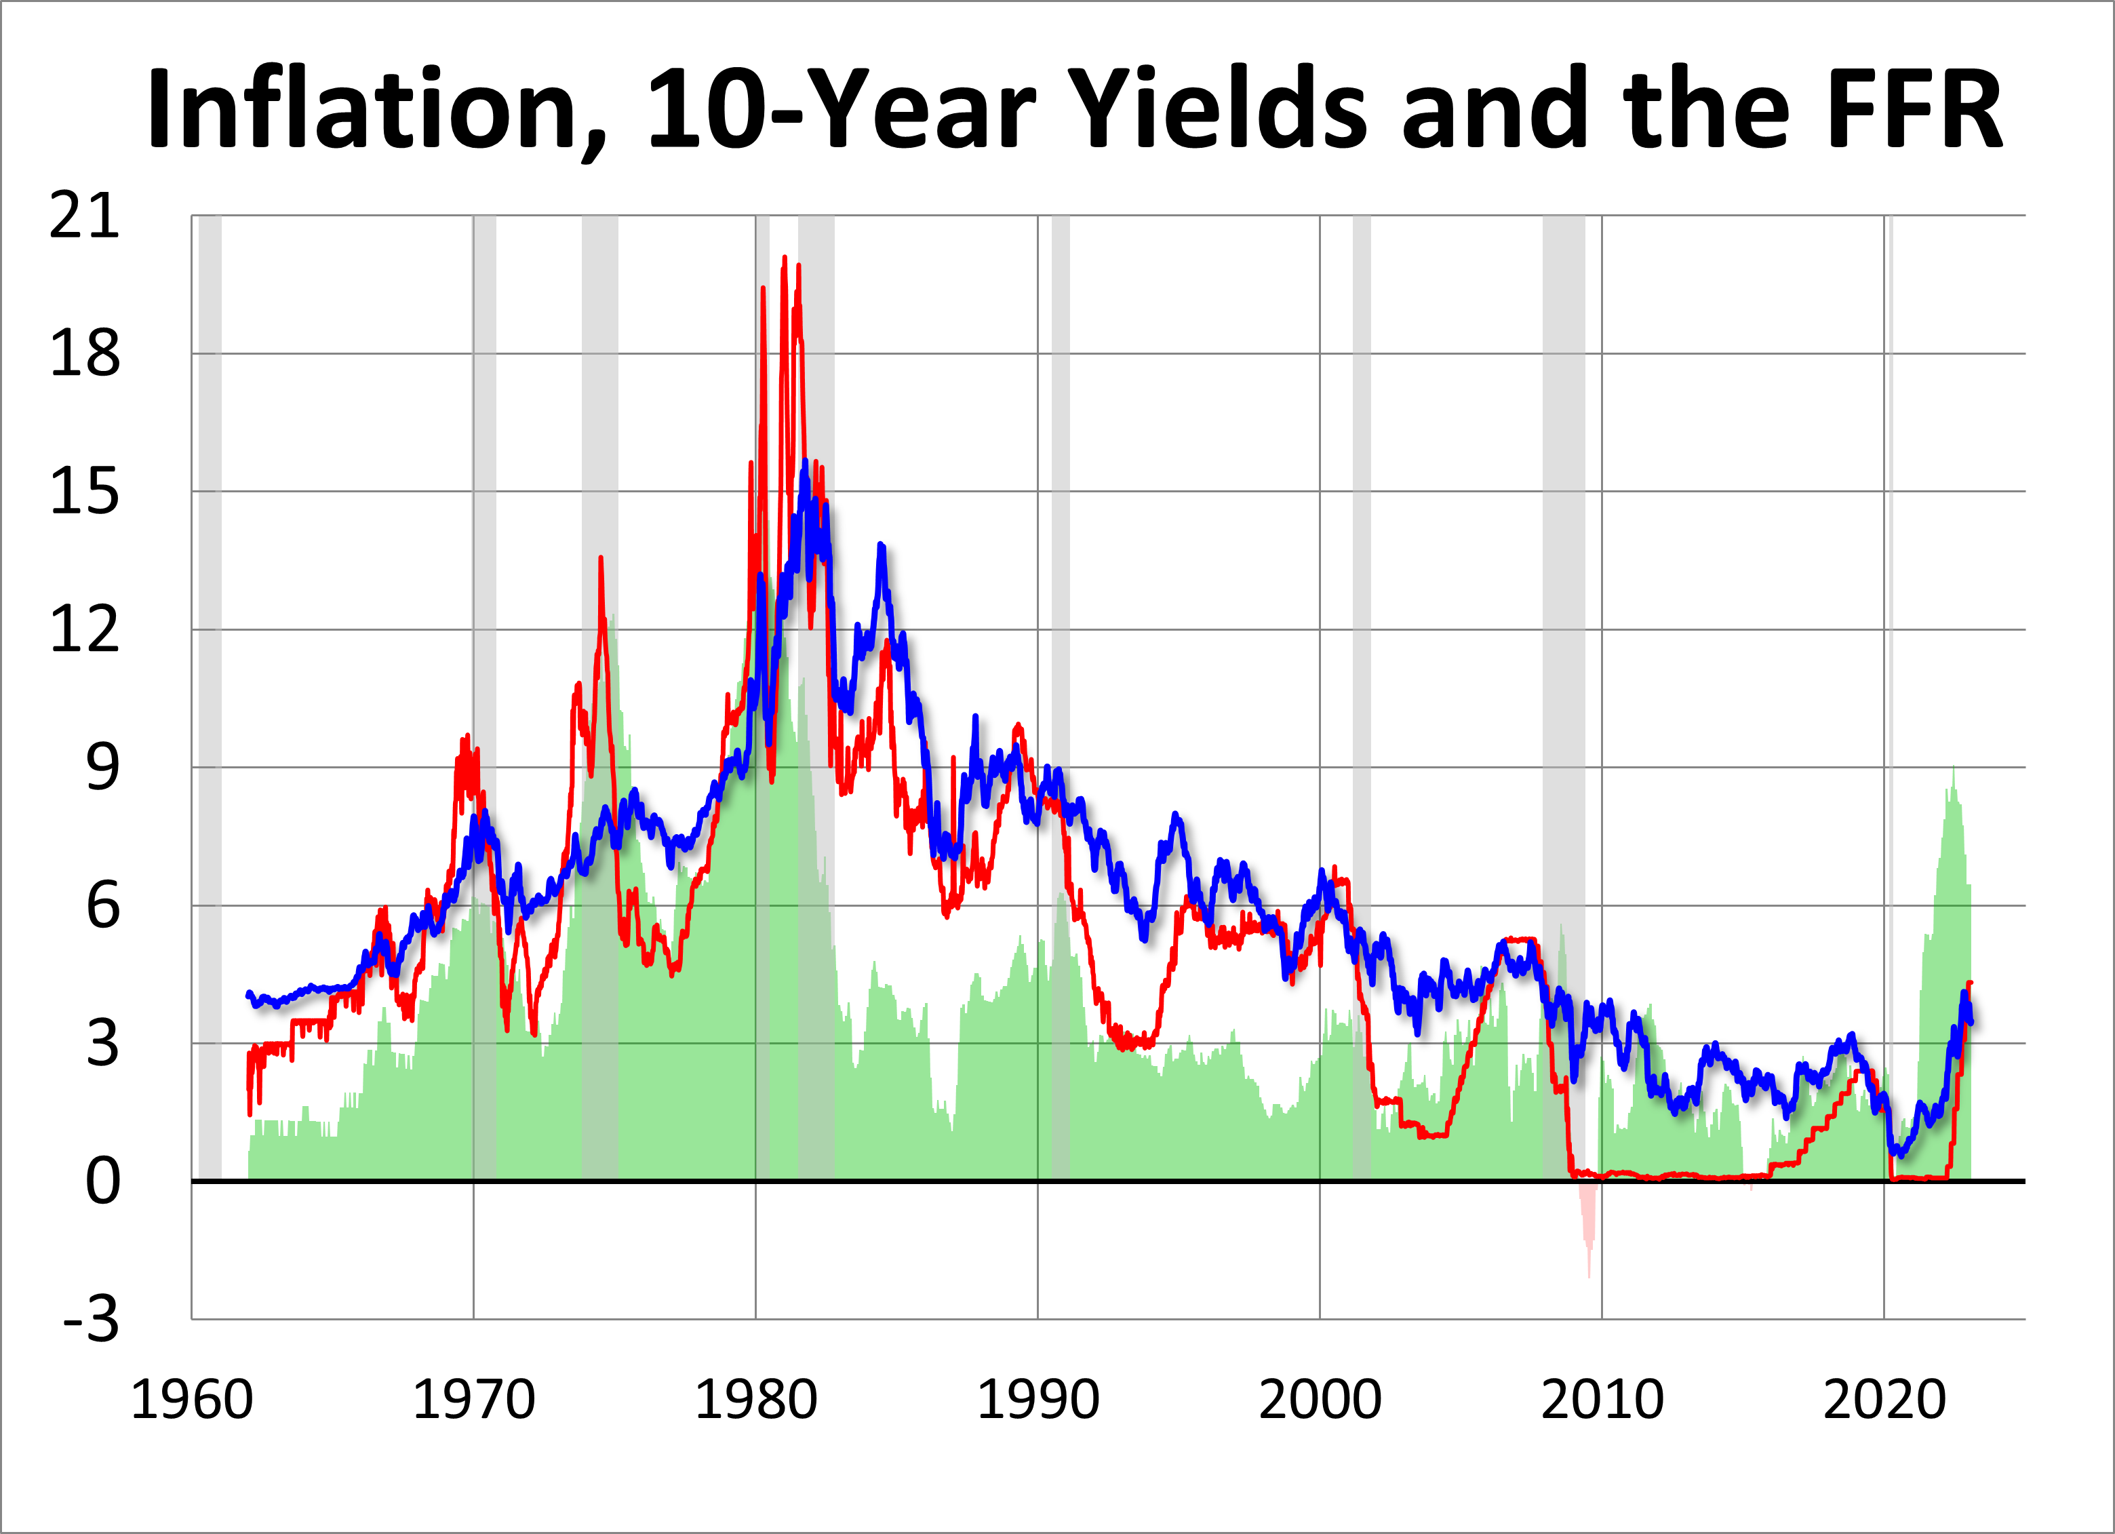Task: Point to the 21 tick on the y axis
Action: click(84, 216)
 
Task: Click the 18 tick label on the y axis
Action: click(84, 355)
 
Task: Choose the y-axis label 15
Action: click(84, 492)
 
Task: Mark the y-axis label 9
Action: click(102, 768)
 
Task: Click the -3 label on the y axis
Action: click(92, 1320)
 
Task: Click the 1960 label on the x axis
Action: click(191, 1400)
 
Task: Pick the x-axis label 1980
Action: click(755, 1400)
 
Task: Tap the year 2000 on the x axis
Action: click(1320, 1400)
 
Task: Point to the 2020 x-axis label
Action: click(1884, 1400)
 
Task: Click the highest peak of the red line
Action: click(785, 258)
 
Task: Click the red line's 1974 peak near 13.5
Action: click(601, 559)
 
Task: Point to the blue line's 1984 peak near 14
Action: click(880, 545)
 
